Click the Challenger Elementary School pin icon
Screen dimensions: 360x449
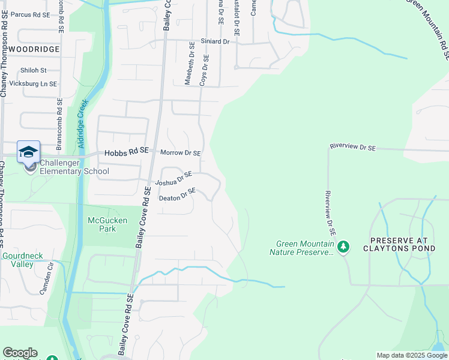tap(29, 153)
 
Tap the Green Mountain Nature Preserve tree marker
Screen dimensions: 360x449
tap(343, 247)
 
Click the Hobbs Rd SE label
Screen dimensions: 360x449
tap(126, 153)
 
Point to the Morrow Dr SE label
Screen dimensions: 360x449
tap(180, 153)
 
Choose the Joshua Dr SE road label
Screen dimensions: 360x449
tap(173, 178)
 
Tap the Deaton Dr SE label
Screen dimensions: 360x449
tap(177, 194)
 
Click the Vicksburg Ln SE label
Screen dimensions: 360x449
tap(34, 84)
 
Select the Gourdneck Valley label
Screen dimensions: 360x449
tap(22, 260)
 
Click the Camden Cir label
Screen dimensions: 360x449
tap(46, 280)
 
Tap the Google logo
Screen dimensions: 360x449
tap(20, 353)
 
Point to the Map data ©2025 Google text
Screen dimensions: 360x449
tap(411, 355)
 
